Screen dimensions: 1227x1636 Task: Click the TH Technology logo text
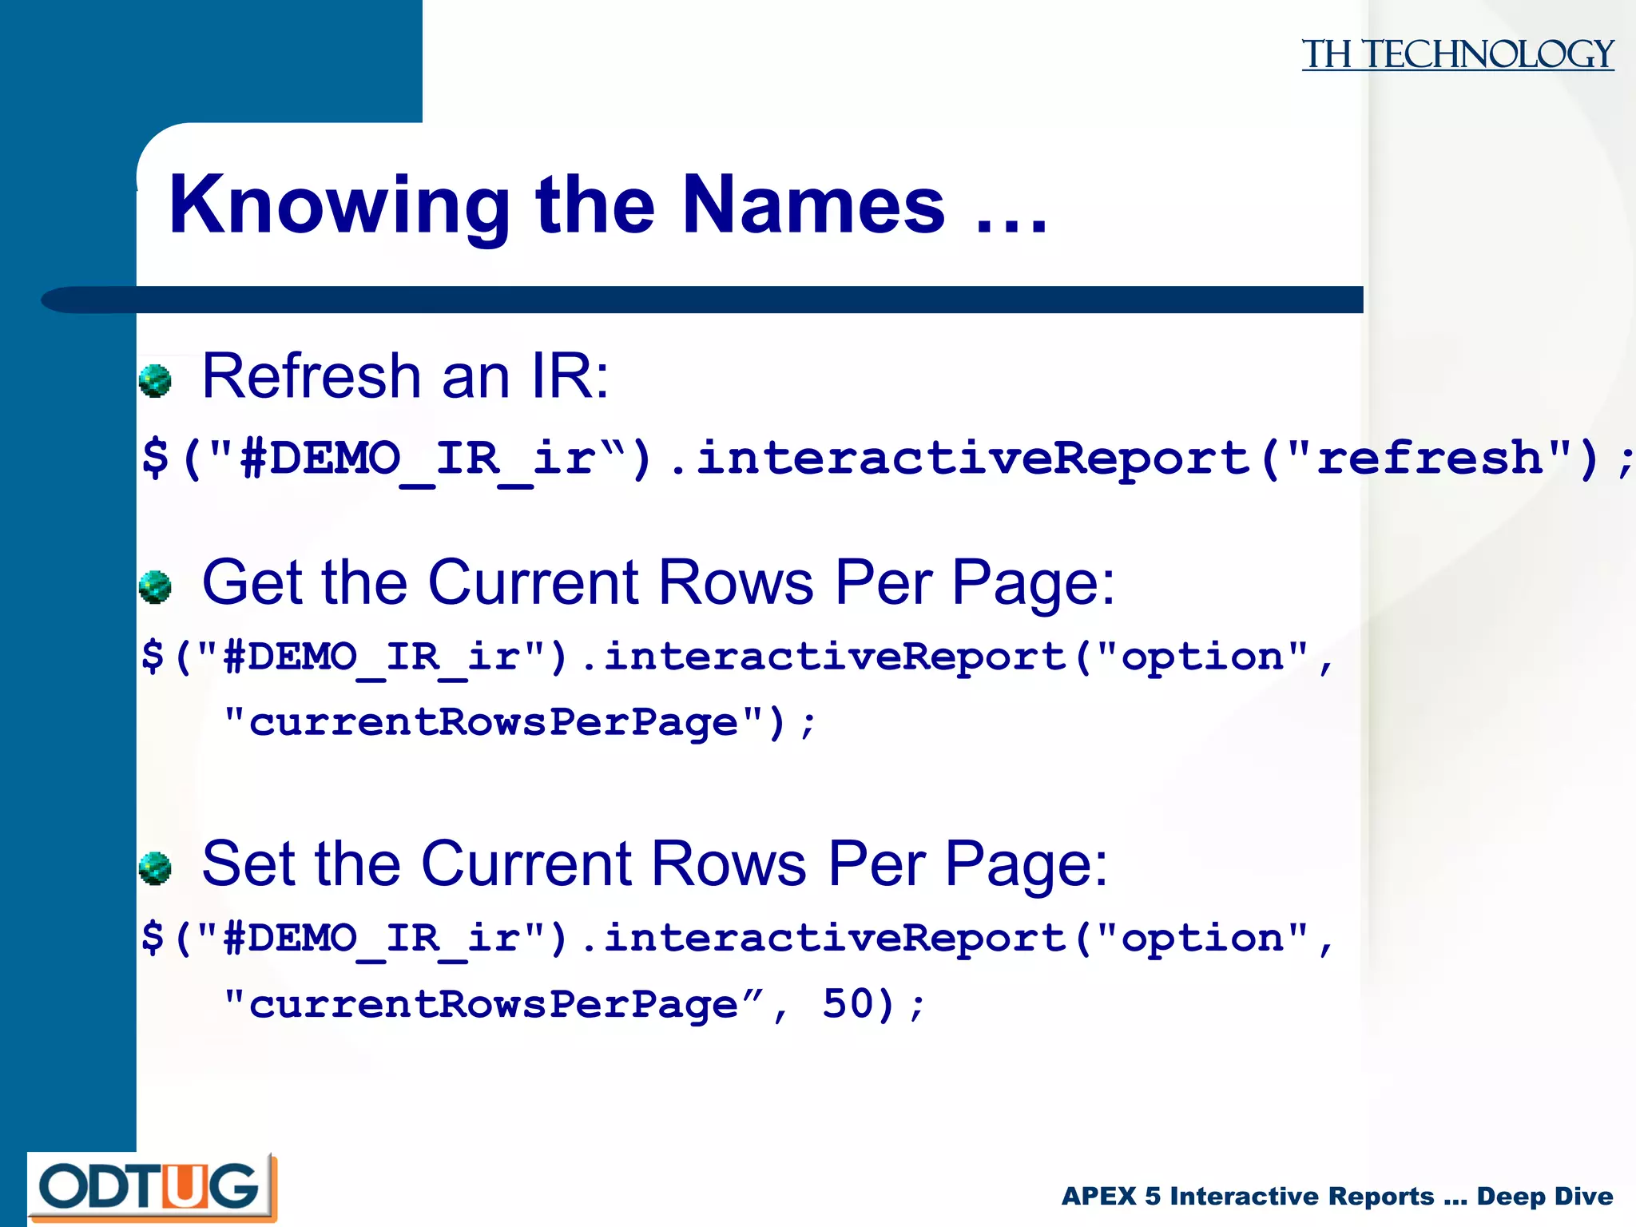pos(1457,54)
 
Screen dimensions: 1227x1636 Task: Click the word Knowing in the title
pos(339,206)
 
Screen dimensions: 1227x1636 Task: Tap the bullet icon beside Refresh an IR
pos(155,381)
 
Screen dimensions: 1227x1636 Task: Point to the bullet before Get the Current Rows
pos(155,587)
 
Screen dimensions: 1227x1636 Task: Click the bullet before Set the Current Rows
pos(155,868)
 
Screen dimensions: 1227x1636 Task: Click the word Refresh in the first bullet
pos(312,375)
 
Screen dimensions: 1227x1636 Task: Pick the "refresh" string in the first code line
pos(1430,458)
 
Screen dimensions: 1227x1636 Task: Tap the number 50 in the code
pos(848,1004)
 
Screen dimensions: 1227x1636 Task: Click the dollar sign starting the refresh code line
pos(155,458)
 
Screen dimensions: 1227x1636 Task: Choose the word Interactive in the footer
pos(1302,1196)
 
